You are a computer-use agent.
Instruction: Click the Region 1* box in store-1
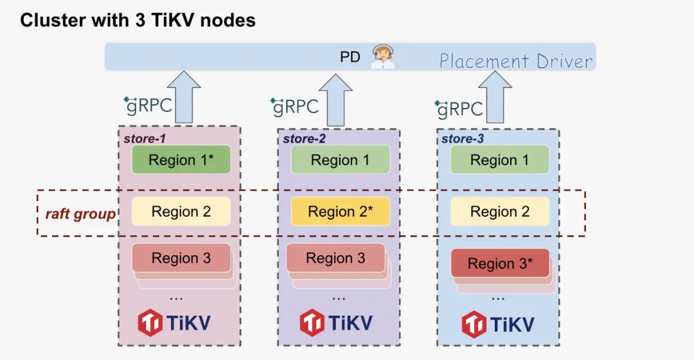181,160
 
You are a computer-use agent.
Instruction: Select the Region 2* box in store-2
340,212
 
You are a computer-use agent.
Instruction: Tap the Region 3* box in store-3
500,263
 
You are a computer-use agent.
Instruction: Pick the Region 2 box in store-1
181,212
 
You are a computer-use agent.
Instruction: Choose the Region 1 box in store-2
340,160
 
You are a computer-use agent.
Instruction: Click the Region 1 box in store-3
499,160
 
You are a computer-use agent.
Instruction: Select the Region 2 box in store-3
499,212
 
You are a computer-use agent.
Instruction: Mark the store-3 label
462,138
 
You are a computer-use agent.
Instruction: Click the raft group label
80,214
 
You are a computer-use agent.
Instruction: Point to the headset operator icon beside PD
383,57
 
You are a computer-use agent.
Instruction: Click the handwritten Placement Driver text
516,61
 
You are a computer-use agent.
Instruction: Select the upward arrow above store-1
182,97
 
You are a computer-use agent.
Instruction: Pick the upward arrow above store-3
495,98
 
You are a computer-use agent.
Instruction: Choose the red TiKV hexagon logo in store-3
474,323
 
